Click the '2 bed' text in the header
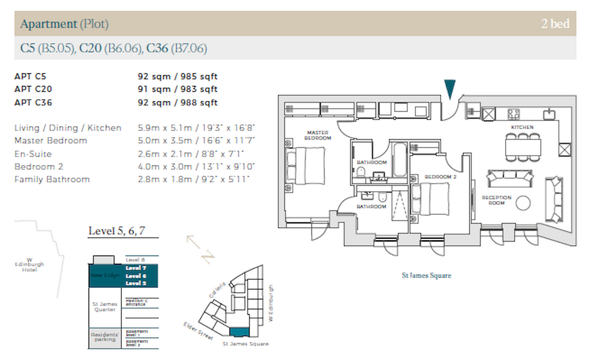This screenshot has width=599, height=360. tap(556, 25)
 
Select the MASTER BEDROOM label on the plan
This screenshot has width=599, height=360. tap(318, 134)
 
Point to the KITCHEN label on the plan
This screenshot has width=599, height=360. tap(522, 126)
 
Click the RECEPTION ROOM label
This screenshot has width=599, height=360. tap(496, 201)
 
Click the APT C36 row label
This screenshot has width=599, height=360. tap(33, 102)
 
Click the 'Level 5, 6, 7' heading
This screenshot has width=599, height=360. tap(116, 232)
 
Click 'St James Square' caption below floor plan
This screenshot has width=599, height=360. tap(426, 275)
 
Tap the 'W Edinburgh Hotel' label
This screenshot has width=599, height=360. tap(30, 265)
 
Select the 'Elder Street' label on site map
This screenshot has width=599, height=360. tap(198, 332)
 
